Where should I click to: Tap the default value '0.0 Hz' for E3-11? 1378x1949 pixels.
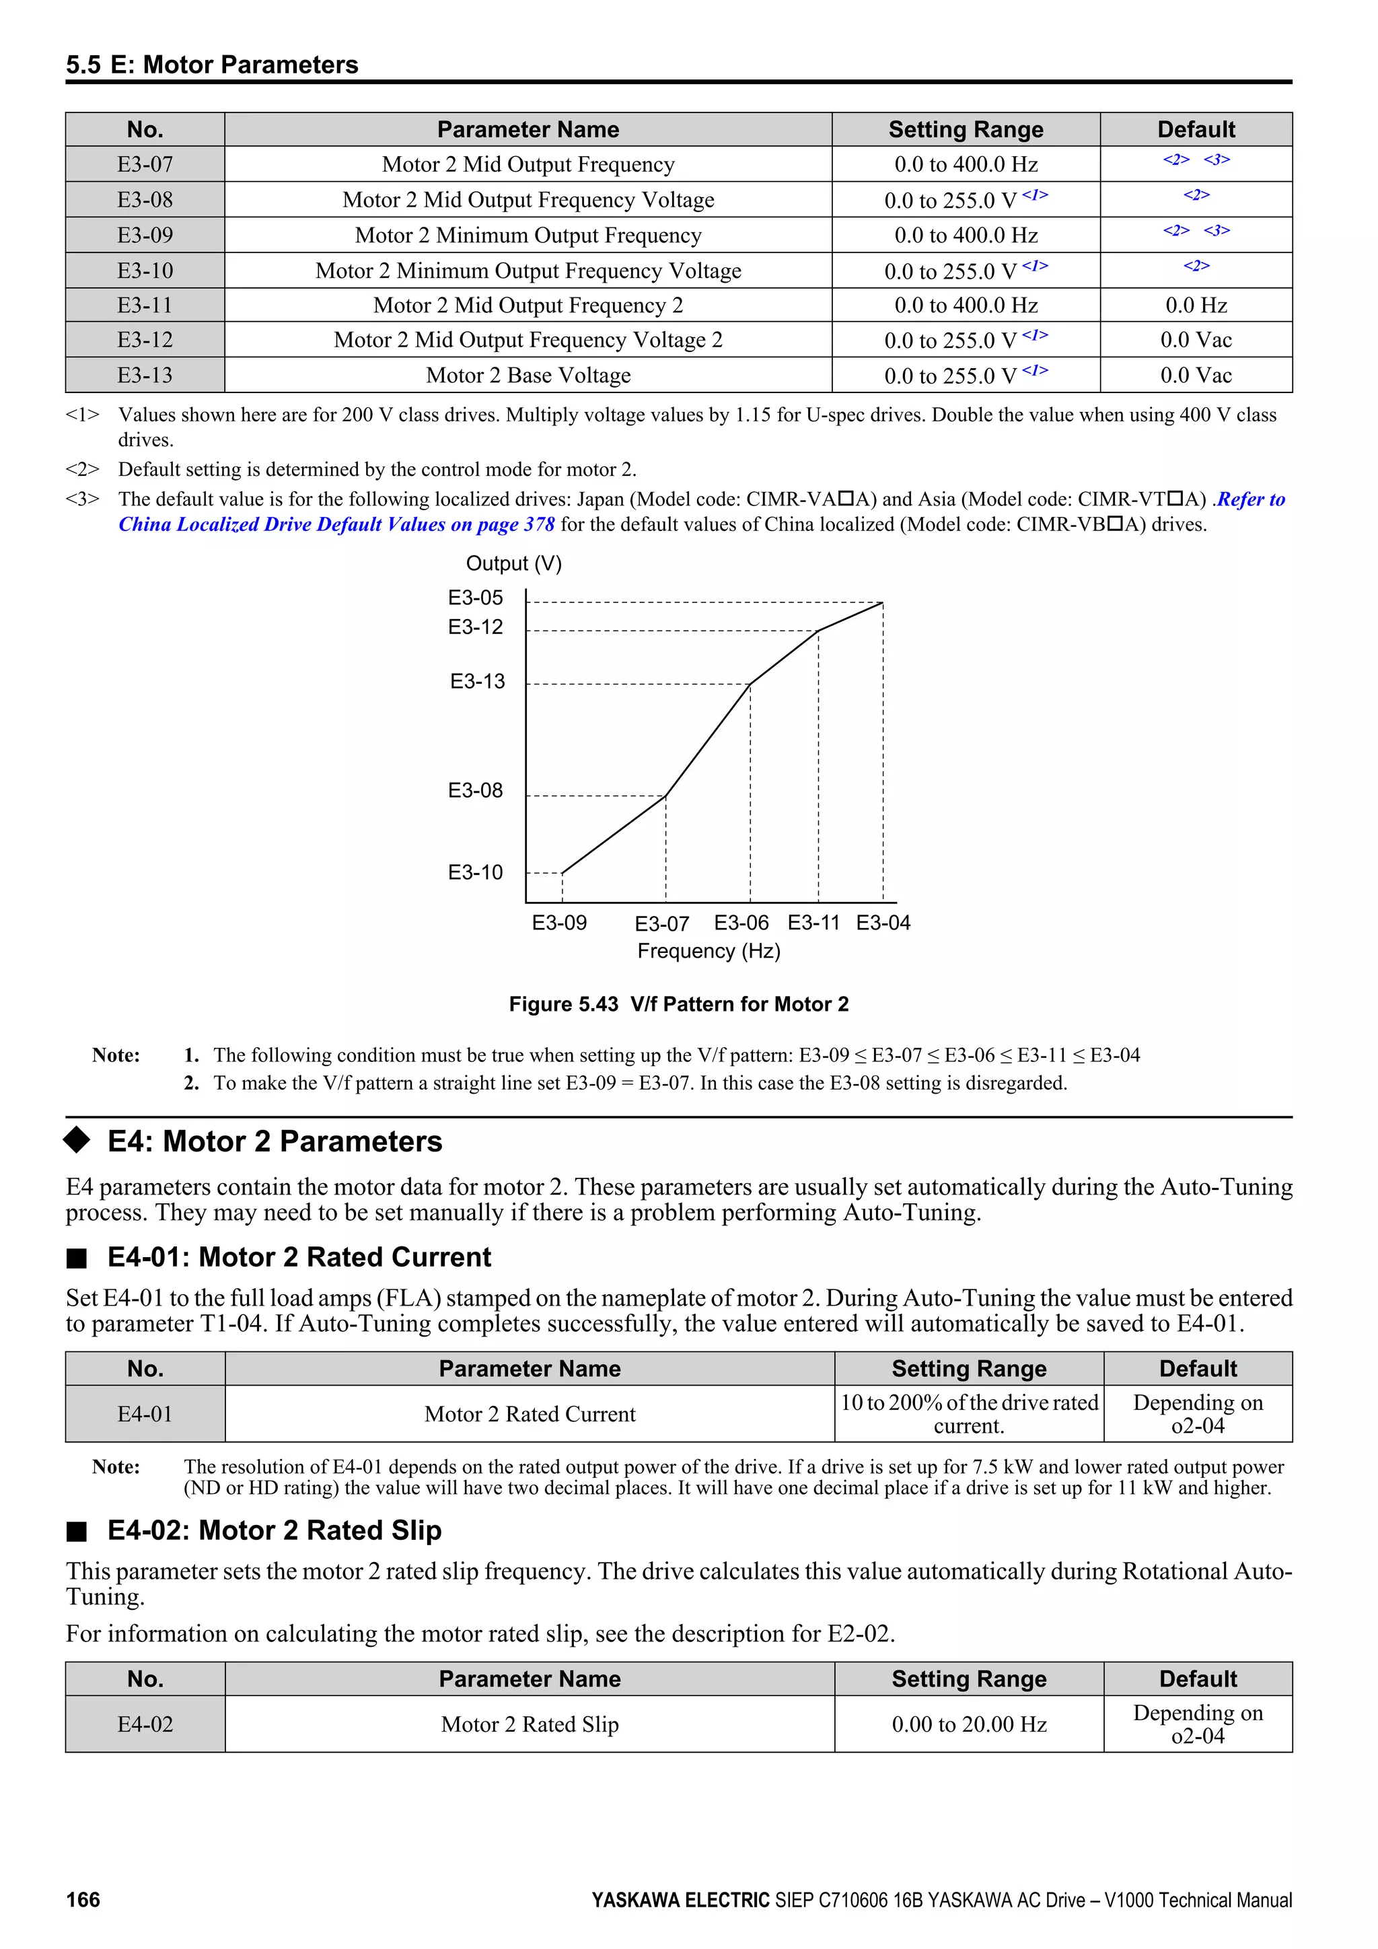1196,305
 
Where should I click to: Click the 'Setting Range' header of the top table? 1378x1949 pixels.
966,129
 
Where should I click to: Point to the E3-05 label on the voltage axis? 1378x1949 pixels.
475,598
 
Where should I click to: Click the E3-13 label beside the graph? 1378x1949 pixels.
477,681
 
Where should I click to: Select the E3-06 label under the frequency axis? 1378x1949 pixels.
741,923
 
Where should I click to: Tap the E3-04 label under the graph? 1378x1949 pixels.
883,923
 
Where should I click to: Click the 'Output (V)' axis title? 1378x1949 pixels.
513,564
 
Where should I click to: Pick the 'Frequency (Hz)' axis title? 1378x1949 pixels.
709,951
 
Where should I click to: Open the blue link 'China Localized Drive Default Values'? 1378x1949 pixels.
336,524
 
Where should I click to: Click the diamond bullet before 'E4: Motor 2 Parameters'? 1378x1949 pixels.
77,1140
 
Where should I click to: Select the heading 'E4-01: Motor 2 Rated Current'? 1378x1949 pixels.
299,1257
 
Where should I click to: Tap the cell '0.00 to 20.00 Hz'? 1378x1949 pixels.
969,1724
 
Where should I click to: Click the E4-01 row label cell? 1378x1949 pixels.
145,1413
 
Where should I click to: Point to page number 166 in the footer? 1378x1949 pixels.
83,1900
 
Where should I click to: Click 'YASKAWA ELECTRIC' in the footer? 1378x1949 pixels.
680,1900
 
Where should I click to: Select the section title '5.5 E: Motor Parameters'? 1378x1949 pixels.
212,65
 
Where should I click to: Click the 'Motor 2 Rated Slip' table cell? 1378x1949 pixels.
530,1724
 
